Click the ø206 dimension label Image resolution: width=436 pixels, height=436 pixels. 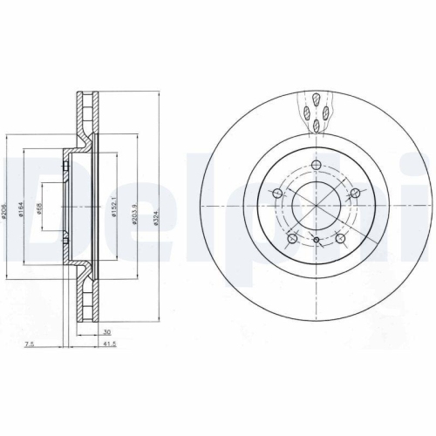click(7, 206)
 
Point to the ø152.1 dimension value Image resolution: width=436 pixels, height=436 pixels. click(113, 206)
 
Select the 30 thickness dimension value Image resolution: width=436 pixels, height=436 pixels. click(106, 331)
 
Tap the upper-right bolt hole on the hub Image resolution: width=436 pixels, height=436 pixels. click(357, 193)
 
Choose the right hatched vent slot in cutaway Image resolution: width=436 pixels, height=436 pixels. click(326, 111)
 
